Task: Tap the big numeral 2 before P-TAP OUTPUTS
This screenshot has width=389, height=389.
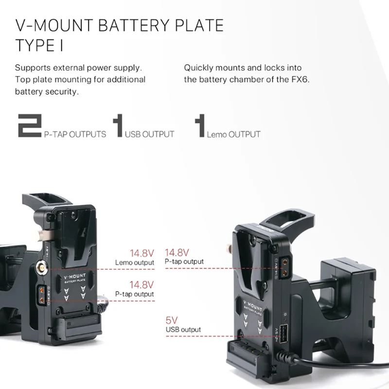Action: tap(29, 126)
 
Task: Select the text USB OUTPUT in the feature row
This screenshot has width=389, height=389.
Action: tap(149, 134)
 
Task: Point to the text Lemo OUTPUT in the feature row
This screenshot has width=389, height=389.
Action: tap(233, 134)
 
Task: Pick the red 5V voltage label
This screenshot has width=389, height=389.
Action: tap(172, 320)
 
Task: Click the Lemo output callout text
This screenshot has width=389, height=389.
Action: tap(135, 263)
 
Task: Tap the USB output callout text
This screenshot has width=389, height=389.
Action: tap(183, 330)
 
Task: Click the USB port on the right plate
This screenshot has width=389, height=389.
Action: tap(283, 335)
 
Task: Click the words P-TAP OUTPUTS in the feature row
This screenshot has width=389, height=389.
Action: tap(75, 134)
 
